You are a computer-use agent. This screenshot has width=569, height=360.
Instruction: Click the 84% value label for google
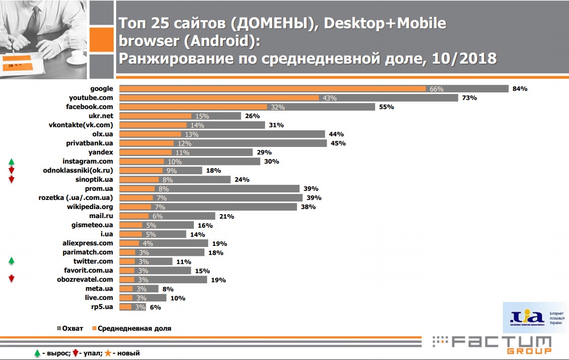click(x=520, y=89)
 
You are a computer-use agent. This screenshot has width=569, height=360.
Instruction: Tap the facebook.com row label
click(x=89, y=107)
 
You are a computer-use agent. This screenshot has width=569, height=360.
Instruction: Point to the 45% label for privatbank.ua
click(x=338, y=143)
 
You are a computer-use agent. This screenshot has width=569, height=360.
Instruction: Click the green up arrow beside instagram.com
click(x=11, y=162)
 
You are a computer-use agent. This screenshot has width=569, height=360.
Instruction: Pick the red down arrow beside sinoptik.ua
click(x=11, y=180)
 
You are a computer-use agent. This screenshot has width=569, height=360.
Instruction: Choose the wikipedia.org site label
click(x=90, y=207)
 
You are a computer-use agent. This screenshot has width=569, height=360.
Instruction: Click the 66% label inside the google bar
click(x=436, y=89)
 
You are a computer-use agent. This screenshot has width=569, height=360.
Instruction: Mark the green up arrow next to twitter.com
click(x=11, y=262)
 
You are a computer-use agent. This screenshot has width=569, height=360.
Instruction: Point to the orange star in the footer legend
click(x=108, y=353)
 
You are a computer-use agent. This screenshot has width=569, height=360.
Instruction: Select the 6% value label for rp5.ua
click(x=155, y=307)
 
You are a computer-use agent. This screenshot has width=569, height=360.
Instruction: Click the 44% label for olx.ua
click(x=336, y=134)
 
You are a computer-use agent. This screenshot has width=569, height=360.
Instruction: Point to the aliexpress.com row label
click(x=87, y=243)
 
